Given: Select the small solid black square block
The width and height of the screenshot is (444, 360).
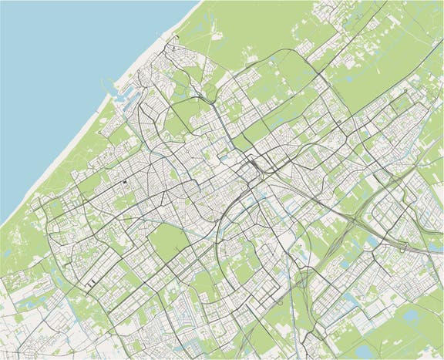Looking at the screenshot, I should click(x=124, y=182).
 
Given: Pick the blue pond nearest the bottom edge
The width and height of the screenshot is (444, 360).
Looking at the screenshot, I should click(x=363, y=352).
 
